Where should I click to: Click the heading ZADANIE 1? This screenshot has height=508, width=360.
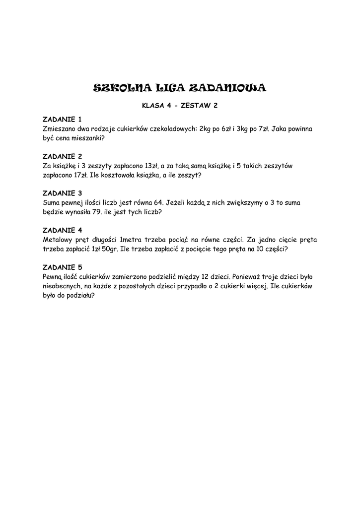coord(62,120)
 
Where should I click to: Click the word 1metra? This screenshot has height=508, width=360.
coord(128,240)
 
